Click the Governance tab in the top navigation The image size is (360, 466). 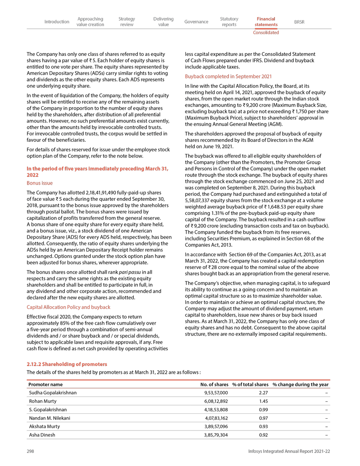pos(196,22)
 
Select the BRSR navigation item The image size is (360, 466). pos(299,22)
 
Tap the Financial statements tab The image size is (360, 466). pos(265,22)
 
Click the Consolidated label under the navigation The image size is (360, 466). pos(265,32)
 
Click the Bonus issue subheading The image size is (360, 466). pos(40,183)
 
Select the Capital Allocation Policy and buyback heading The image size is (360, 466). pos(68,307)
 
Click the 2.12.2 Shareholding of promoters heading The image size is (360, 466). pos(67,364)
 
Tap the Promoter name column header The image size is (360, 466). pos(45,385)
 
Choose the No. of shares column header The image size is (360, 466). pos(214,385)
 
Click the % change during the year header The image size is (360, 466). pos(301,385)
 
